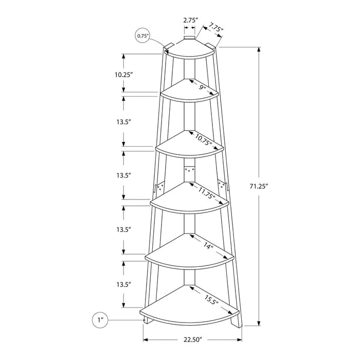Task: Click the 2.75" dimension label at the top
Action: click(x=189, y=20)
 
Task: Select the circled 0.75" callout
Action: click(x=142, y=35)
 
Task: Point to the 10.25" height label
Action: click(x=124, y=75)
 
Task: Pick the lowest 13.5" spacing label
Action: click(x=124, y=284)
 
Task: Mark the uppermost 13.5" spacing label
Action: click(x=124, y=122)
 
